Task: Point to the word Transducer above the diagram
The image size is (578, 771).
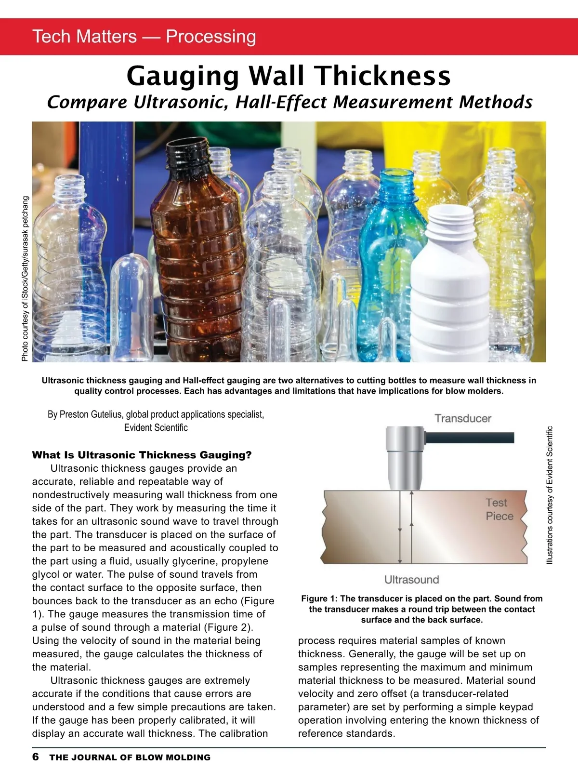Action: click(x=463, y=418)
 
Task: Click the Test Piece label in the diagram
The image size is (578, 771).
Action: click(x=499, y=509)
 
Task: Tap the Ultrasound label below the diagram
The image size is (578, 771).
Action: click(x=412, y=580)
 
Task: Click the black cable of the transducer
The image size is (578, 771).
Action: click(x=472, y=438)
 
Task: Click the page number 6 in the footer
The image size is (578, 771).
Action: click(x=36, y=757)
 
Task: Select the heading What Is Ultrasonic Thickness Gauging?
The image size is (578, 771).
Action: click(x=142, y=455)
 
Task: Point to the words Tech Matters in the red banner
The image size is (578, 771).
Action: click(x=85, y=37)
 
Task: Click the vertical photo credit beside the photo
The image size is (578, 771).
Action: click(x=25, y=279)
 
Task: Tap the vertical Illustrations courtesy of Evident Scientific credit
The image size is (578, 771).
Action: click(x=550, y=495)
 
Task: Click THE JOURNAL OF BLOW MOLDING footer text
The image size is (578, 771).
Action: click(x=130, y=758)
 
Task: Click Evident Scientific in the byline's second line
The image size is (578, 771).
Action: click(x=156, y=427)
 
